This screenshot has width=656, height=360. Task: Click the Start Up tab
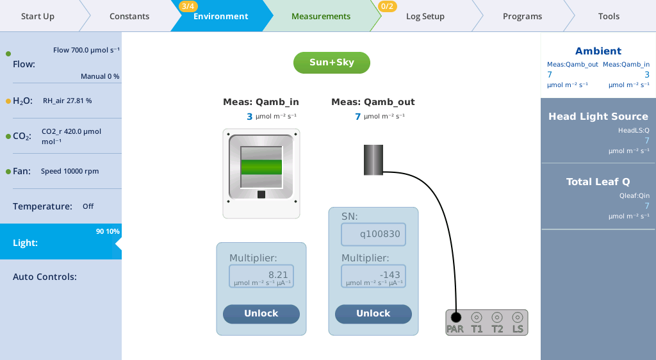click(38, 16)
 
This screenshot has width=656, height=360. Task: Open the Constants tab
click(129, 16)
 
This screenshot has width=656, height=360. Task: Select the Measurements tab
click(320, 16)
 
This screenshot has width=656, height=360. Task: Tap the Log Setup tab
click(425, 16)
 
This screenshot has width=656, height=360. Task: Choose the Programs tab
click(522, 16)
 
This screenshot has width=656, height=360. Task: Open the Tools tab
click(609, 16)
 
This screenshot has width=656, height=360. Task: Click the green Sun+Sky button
click(332, 63)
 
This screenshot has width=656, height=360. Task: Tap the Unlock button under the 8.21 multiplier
click(261, 314)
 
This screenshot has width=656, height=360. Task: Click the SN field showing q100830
click(373, 234)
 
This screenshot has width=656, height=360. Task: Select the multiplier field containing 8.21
click(261, 276)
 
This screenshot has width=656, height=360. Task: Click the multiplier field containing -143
click(373, 276)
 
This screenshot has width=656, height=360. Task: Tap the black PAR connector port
click(455, 317)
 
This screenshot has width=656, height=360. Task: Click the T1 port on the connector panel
click(476, 317)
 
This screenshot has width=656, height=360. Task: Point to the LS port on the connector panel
click(517, 317)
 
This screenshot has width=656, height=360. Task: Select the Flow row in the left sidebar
click(61, 64)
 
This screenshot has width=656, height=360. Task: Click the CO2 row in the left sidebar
click(61, 136)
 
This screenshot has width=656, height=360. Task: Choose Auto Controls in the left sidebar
click(61, 277)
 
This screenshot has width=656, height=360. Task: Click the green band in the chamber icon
click(261, 167)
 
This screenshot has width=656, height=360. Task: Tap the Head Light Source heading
click(598, 117)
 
